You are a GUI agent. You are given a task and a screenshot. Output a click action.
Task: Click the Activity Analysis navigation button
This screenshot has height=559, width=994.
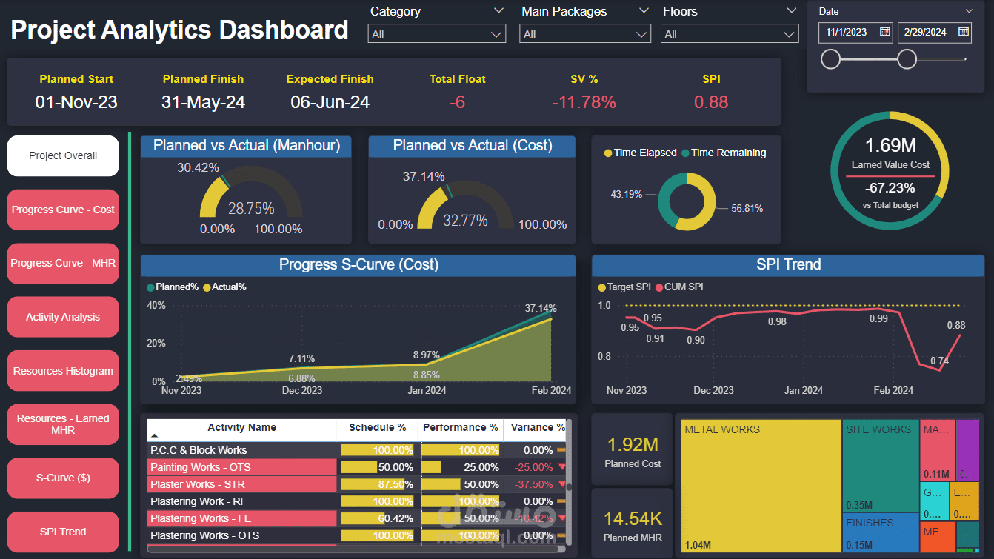pyautogui.click(x=63, y=317)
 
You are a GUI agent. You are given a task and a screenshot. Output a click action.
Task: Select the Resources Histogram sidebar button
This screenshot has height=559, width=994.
pyautogui.click(x=63, y=371)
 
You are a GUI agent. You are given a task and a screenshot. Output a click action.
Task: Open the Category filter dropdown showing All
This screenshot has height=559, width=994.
pyautogui.click(x=436, y=34)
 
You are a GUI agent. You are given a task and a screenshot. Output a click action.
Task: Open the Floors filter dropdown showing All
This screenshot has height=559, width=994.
pyautogui.click(x=730, y=34)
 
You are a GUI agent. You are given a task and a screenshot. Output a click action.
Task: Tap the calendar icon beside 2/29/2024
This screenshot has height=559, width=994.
pyautogui.click(x=963, y=31)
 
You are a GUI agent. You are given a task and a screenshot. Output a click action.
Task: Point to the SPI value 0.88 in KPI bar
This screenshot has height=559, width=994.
pyautogui.click(x=711, y=102)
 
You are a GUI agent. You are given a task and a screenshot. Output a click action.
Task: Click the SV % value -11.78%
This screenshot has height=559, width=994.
pyautogui.click(x=584, y=102)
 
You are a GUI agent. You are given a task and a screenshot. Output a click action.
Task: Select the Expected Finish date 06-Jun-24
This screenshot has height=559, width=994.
pyautogui.click(x=330, y=102)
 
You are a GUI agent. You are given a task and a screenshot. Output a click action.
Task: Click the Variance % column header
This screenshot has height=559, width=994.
pyautogui.click(x=536, y=428)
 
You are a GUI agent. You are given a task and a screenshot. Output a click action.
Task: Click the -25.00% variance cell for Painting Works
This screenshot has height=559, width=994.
pyautogui.click(x=533, y=467)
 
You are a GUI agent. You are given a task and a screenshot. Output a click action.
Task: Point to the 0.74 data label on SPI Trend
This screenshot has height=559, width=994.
pyautogui.click(x=939, y=361)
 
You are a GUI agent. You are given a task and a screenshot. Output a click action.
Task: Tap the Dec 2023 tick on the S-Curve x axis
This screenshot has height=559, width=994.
pyautogui.click(x=301, y=390)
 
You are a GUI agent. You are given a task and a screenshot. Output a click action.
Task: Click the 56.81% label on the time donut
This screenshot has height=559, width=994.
pyautogui.click(x=747, y=208)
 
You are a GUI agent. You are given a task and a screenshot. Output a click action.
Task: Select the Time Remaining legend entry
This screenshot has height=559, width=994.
pyautogui.click(x=728, y=153)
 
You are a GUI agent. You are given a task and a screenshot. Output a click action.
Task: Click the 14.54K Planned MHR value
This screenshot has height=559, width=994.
pyautogui.click(x=632, y=519)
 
